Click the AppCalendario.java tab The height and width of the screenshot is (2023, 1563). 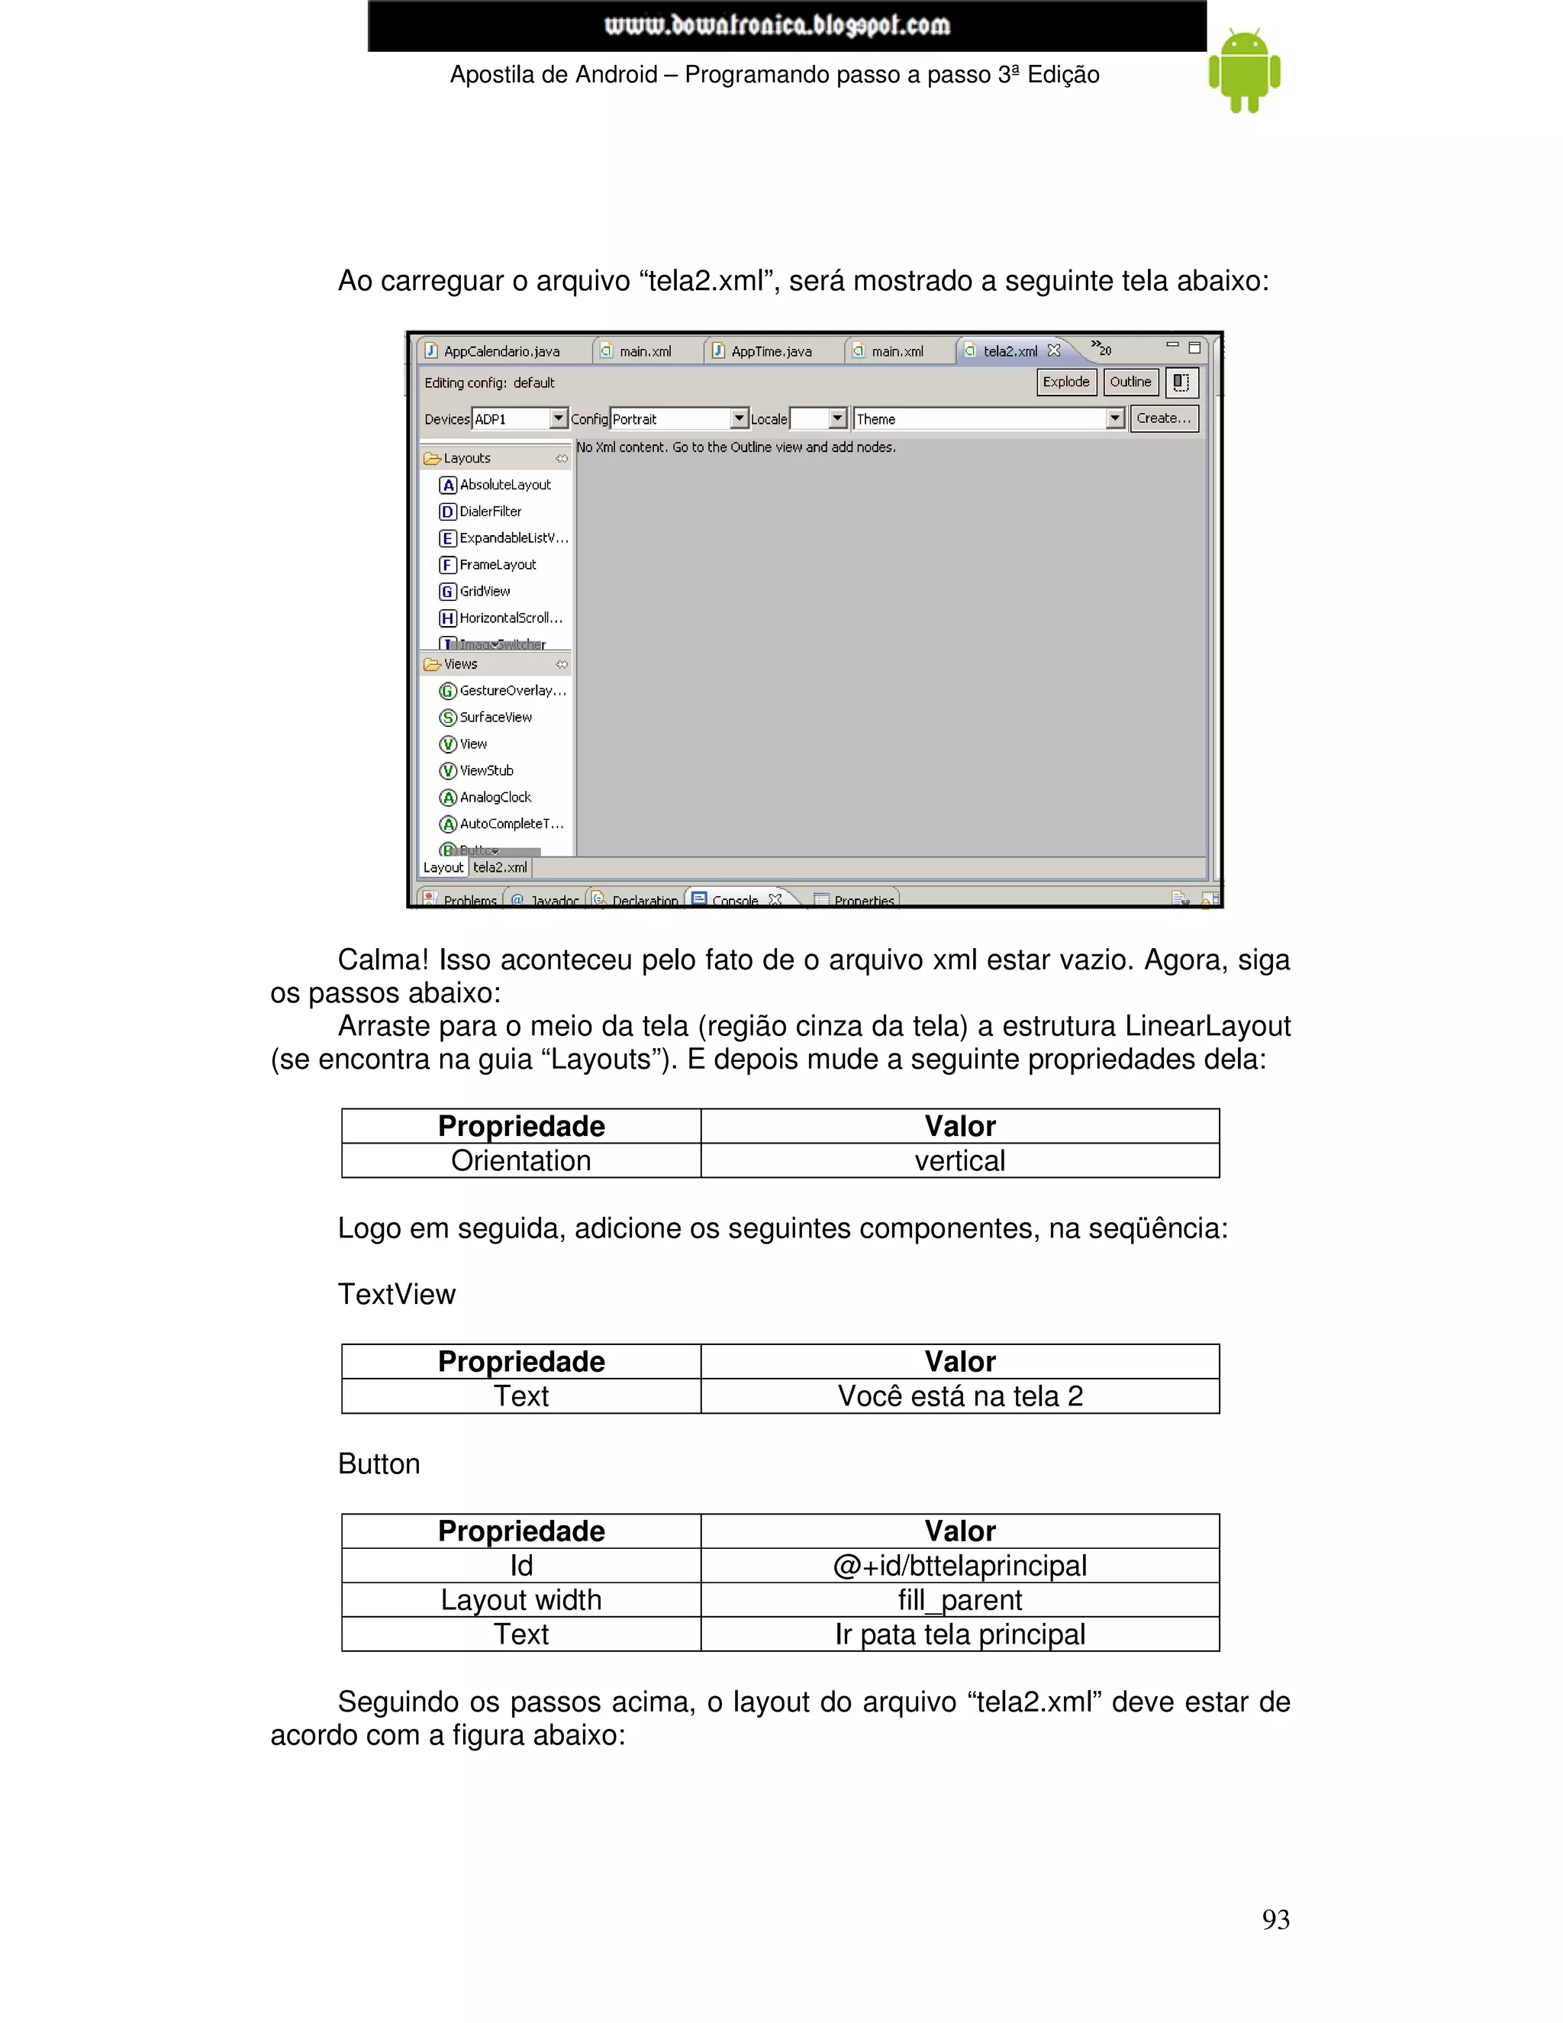[x=500, y=351]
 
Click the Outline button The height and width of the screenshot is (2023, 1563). [x=1130, y=382]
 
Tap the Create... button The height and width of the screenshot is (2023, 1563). [x=1163, y=418]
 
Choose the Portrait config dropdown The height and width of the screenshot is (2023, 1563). [x=678, y=418]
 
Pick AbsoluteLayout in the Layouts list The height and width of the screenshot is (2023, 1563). [x=504, y=485]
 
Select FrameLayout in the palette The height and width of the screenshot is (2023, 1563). [x=498, y=564]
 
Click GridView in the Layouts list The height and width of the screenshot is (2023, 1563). [x=485, y=591]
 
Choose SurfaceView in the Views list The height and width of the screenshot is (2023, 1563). [x=495, y=717]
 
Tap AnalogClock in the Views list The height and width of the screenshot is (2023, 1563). [x=495, y=796]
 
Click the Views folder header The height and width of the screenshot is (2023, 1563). [x=460, y=664]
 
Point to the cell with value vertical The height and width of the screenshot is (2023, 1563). [x=959, y=1160]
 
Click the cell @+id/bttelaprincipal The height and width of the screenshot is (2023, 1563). [x=959, y=1566]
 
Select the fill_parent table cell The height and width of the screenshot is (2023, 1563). [x=959, y=1599]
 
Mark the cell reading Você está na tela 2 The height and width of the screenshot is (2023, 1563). [x=959, y=1396]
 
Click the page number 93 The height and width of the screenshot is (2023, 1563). [x=1275, y=1919]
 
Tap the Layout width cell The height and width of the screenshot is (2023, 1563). [x=520, y=1599]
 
